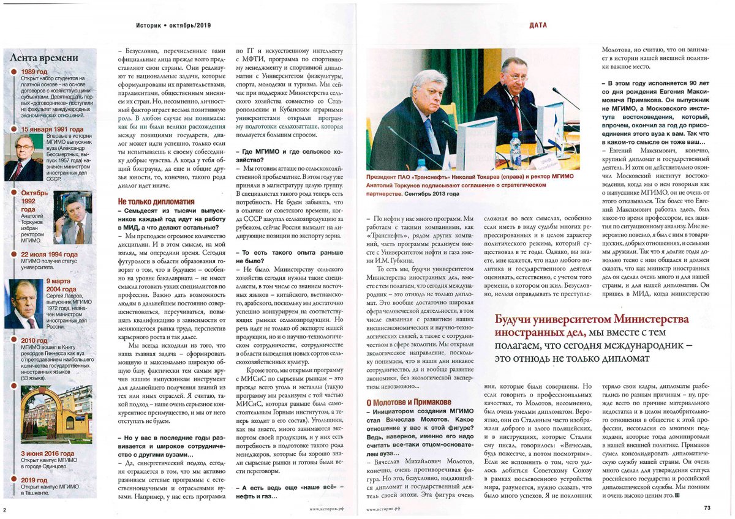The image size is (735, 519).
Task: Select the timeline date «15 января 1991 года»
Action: point(52,130)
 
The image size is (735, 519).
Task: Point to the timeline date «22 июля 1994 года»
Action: point(49,255)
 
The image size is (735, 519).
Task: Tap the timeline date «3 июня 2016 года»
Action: point(48,454)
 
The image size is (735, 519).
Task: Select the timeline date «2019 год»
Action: point(34,480)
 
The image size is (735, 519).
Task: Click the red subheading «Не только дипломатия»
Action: point(156,201)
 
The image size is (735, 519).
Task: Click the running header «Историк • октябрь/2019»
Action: point(173,25)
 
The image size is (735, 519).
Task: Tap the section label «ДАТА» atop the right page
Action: point(537,25)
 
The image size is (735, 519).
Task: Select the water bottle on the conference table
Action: point(515,147)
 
